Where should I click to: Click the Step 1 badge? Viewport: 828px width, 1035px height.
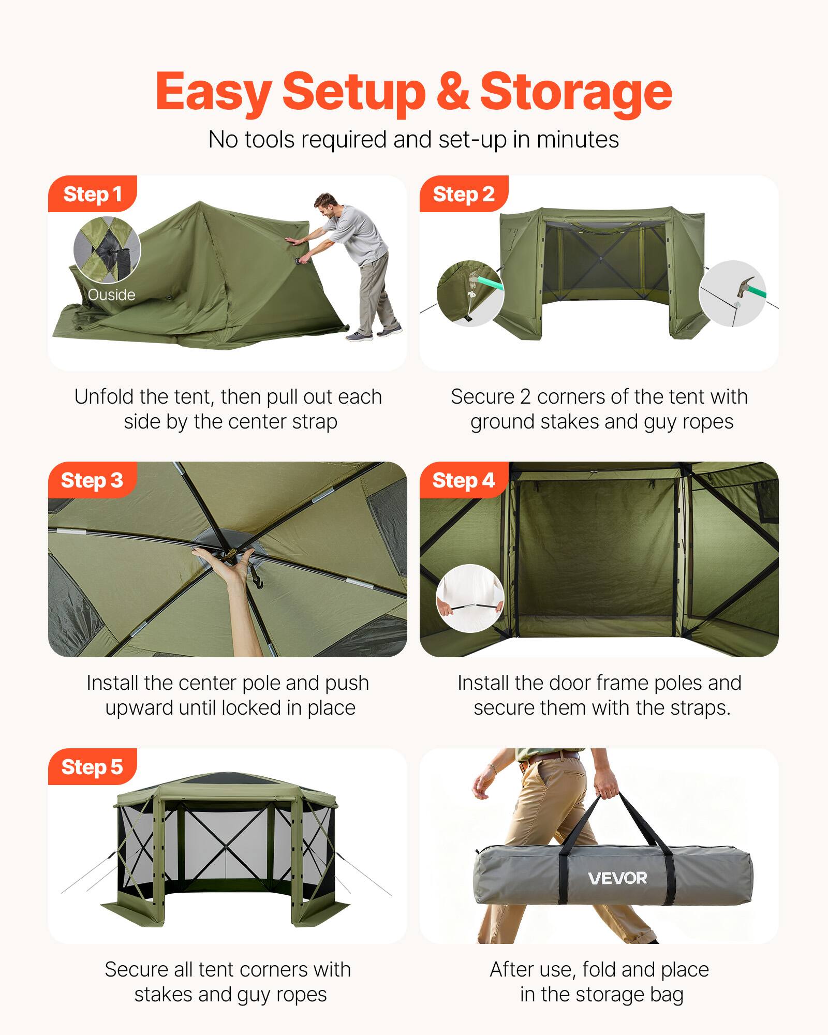92,195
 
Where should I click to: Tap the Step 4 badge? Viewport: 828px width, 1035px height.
463,481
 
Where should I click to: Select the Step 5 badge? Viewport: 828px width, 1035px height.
92,767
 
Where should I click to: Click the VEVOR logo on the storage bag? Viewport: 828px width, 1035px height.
617,878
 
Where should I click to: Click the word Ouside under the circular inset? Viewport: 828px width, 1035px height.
111,295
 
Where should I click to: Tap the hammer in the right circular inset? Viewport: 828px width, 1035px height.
745,287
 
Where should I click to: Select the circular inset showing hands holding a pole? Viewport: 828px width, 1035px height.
470,598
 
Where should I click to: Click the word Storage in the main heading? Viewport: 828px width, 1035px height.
575,92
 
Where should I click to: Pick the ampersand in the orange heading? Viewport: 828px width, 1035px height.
452,92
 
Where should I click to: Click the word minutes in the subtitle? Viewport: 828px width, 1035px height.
578,140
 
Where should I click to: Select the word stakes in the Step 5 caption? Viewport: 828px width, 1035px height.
164,995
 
